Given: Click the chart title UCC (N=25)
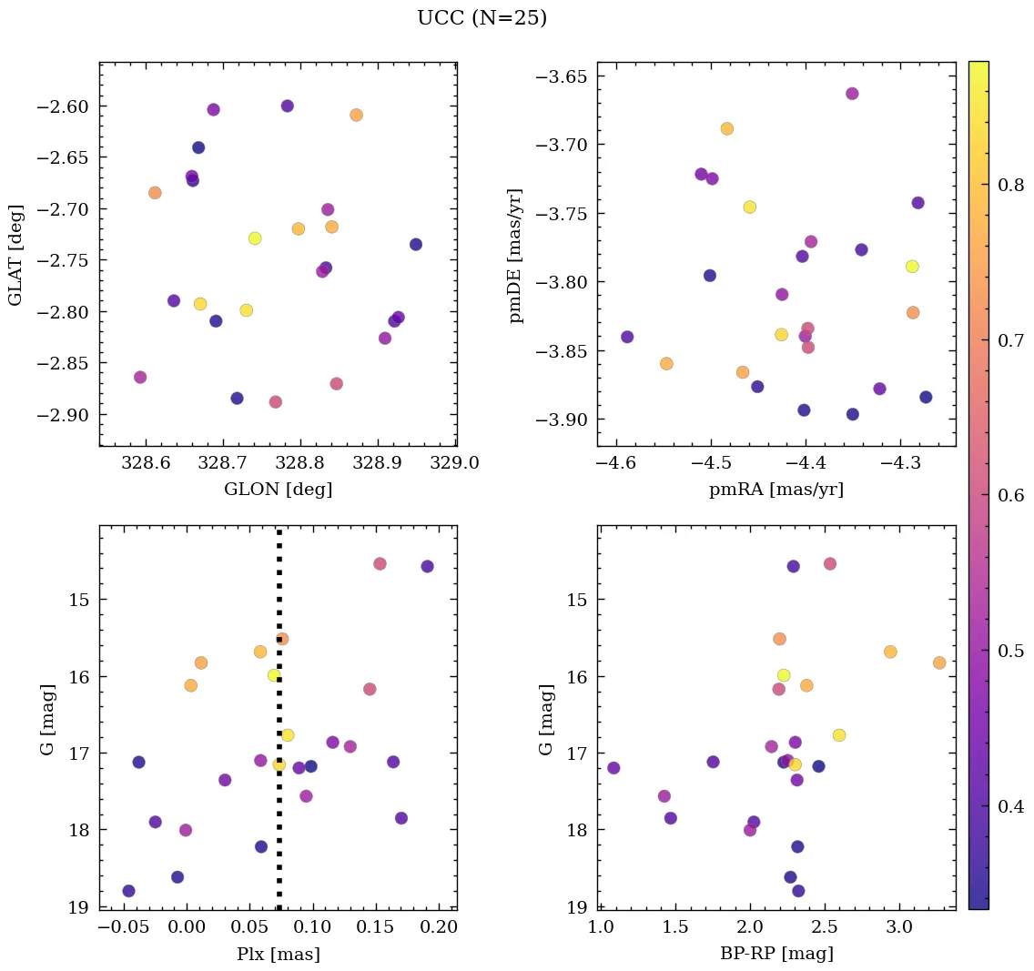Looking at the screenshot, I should click(482, 18).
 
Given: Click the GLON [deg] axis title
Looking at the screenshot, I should click(278, 490).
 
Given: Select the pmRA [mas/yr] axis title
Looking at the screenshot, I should click(775, 490).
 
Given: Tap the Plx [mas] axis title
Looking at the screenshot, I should click(278, 954).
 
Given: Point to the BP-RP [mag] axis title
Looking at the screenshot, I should click(775, 954).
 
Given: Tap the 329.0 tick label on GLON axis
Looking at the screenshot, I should click(456, 463).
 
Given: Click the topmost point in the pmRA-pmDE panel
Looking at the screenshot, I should click(852, 94).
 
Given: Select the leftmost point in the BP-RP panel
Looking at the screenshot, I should click(613, 768).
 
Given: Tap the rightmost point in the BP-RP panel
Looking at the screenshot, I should click(939, 663).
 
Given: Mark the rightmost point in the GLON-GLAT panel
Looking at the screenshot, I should click(416, 244).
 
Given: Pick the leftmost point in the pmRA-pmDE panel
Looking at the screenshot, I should click(627, 337).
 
